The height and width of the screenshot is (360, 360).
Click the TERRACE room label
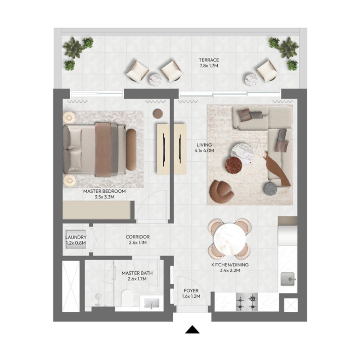pos(209,60)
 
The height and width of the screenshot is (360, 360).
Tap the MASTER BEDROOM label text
pos(104,191)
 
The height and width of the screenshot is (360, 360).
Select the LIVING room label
pos(204,145)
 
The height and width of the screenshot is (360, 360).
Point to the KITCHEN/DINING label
pos(230,265)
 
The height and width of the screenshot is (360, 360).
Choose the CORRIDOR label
pos(138,237)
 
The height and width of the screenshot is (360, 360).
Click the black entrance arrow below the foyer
pos(193,329)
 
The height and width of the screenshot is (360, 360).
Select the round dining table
pos(230,238)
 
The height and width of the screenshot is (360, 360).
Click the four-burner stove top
pos(247,302)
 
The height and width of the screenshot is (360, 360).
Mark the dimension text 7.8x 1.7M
pos(209,66)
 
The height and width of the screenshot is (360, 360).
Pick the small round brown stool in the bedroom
pos(158,113)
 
